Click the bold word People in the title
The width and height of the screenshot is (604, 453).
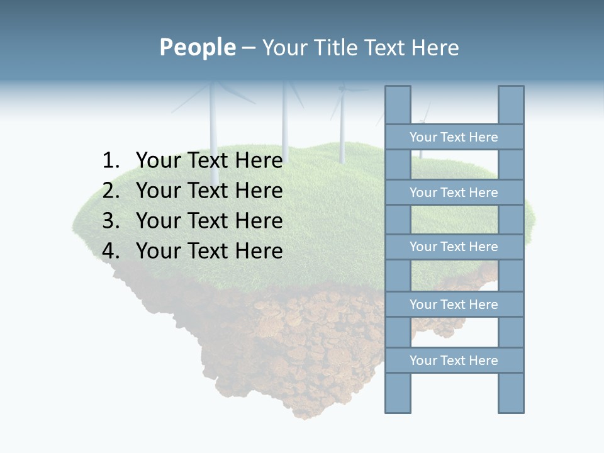point(197,47)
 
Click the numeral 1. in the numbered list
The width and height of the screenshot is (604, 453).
point(111,160)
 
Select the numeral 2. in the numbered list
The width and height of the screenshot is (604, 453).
point(111,191)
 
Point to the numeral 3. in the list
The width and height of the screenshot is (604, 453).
point(111,221)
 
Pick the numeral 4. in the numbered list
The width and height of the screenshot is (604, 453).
point(111,251)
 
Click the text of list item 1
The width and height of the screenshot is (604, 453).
point(209,160)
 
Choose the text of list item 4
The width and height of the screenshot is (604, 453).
point(209,251)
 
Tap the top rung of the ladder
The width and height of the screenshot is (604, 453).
point(454,137)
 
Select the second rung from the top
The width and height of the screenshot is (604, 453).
point(454,193)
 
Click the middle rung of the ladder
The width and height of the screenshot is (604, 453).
point(454,247)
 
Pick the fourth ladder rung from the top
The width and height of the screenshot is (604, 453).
point(454,305)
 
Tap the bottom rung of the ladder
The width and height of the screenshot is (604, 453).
point(454,361)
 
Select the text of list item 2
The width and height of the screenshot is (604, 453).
point(209,191)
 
